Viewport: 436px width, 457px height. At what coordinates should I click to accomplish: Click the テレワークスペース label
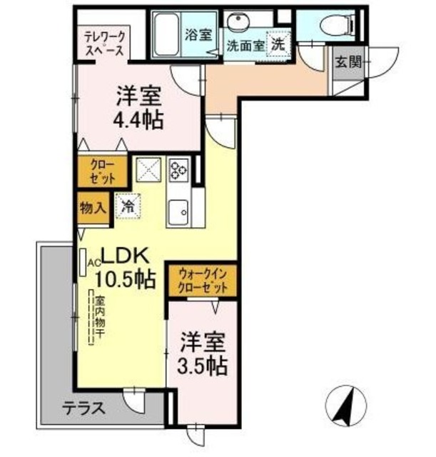(104, 44)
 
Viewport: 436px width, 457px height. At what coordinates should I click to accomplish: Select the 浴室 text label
(198, 34)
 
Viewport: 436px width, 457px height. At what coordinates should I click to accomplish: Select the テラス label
(83, 409)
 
